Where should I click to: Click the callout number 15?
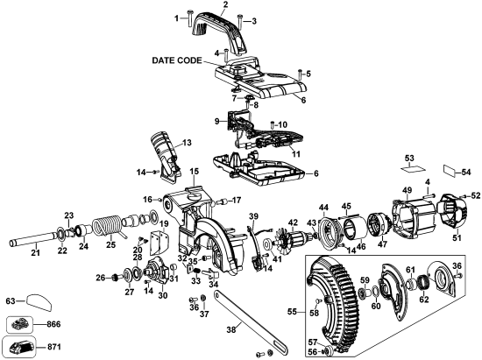(x=194, y=171)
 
